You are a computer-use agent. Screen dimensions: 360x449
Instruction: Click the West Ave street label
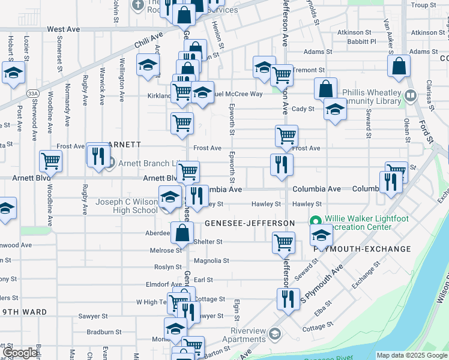pos(63,29)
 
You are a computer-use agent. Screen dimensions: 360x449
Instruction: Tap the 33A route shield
pos(33,94)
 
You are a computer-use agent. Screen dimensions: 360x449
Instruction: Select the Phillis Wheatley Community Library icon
pos(411,95)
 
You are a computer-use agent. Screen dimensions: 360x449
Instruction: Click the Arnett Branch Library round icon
pos(110,163)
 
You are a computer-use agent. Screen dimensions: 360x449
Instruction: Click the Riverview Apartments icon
pos(275,334)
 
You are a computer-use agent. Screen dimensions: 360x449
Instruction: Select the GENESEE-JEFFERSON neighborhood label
pos(249,223)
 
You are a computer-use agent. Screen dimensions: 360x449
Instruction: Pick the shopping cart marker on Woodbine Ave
pos(51,160)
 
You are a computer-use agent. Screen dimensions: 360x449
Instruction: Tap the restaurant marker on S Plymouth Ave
pos(288,298)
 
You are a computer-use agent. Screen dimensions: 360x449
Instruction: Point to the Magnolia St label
pos(212,261)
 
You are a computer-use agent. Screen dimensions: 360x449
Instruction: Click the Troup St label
pos(423,5)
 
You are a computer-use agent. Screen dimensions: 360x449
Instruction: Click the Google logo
pos(20,353)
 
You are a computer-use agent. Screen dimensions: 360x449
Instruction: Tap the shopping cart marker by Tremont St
pos(281,75)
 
